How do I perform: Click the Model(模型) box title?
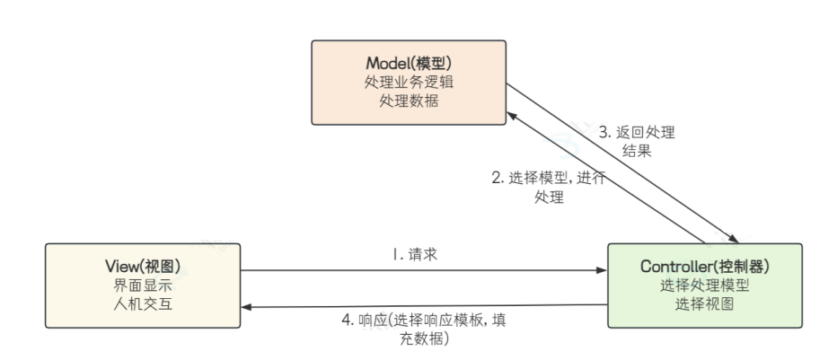tap(408, 64)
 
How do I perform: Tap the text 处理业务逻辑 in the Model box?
tap(408, 83)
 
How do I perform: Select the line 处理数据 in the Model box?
tap(408, 101)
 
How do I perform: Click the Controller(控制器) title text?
tap(706, 267)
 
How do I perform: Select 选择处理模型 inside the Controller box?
tap(706, 285)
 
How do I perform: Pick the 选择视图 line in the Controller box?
tap(706, 303)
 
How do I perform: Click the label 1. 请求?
tap(414, 255)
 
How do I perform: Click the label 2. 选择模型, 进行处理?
tap(548, 187)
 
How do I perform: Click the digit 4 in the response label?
tap(347, 320)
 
